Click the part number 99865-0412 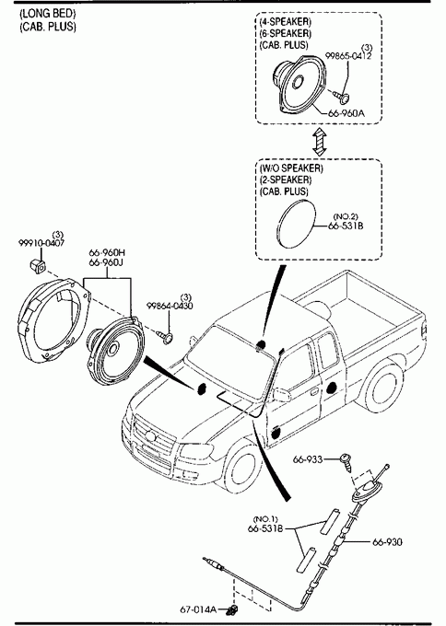pyautogui.click(x=348, y=56)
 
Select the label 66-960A pyautogui.click(x=346, y=113)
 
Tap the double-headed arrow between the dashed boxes pyautogui.click(x=320, y=142)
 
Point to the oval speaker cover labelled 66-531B pyautogui.click(x=296, y=223)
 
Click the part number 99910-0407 pyautogui.click(x=41, y=243)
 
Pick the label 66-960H pyautogui.click(x=107, y=253)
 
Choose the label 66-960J pyautogui.click(x=106, y=262)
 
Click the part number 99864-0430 pyautogui.click(x=170, y=306)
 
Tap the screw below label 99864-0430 pyautogui.click(x=165, y=336)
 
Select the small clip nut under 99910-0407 pyautogui.click(x=37, y=265)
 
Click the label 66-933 pyautogui.click(x=308, y=459)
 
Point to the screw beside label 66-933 pyautogui.click(x=346, y=462)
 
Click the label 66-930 pyautogui.click(x=387, y=541)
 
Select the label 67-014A pyautogui.click(x=198, y=609)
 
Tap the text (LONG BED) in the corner pyautogui.click(x=48, y=14)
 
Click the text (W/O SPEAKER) pyautogui.click(x=291, y=168)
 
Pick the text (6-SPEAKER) pyautogui.click(x=286, y=33)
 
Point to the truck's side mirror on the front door pyautogui.click(x=281, y=394)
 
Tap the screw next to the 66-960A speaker pyautogui.click(x=341, y=95)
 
